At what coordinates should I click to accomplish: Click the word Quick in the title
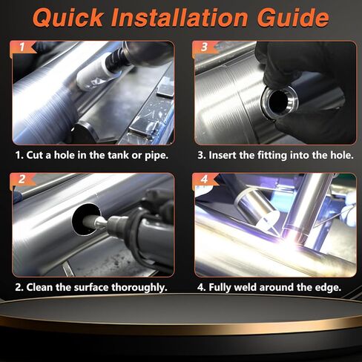coord(68,18)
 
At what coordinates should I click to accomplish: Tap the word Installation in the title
coord(180,18)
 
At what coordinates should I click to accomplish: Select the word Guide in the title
coord(293,18)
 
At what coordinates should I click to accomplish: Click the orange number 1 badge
coord(23,47)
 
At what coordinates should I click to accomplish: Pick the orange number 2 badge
coord(23,180)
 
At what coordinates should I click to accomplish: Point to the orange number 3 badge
coord(205,47)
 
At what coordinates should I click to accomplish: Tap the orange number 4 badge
coord(205,180)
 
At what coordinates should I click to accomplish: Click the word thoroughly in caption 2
coord(139,288)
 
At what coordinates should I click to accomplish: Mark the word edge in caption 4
coord(328,288)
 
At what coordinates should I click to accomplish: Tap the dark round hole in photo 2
coord(86,220)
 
